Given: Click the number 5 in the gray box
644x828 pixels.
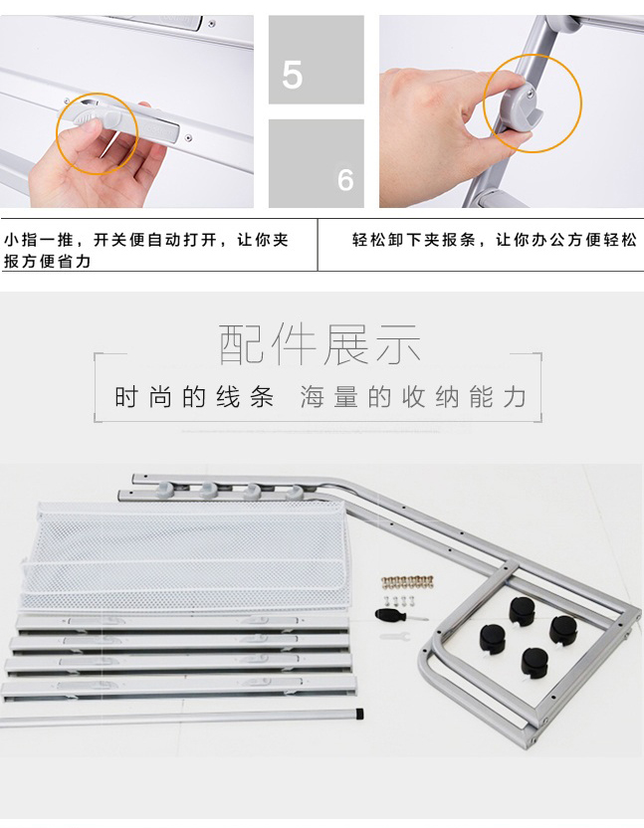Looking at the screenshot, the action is [293, 75].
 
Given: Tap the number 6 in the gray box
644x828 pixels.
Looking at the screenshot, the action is [345, 180].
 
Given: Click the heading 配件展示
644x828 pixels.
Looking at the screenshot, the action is [320, 344].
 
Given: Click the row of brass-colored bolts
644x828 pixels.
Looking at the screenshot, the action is [407, 581].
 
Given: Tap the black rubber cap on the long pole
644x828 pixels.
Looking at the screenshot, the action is [359, 714].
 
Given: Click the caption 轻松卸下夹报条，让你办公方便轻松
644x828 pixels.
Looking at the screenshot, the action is [495, 240].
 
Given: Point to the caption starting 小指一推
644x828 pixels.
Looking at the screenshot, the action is [146, 251].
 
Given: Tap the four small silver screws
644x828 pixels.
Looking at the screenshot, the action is [401, 600].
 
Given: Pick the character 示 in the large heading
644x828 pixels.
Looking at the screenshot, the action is [398, 344].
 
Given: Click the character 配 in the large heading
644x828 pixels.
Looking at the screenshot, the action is [240, 344].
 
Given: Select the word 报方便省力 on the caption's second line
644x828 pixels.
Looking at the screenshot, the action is [47, 262].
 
